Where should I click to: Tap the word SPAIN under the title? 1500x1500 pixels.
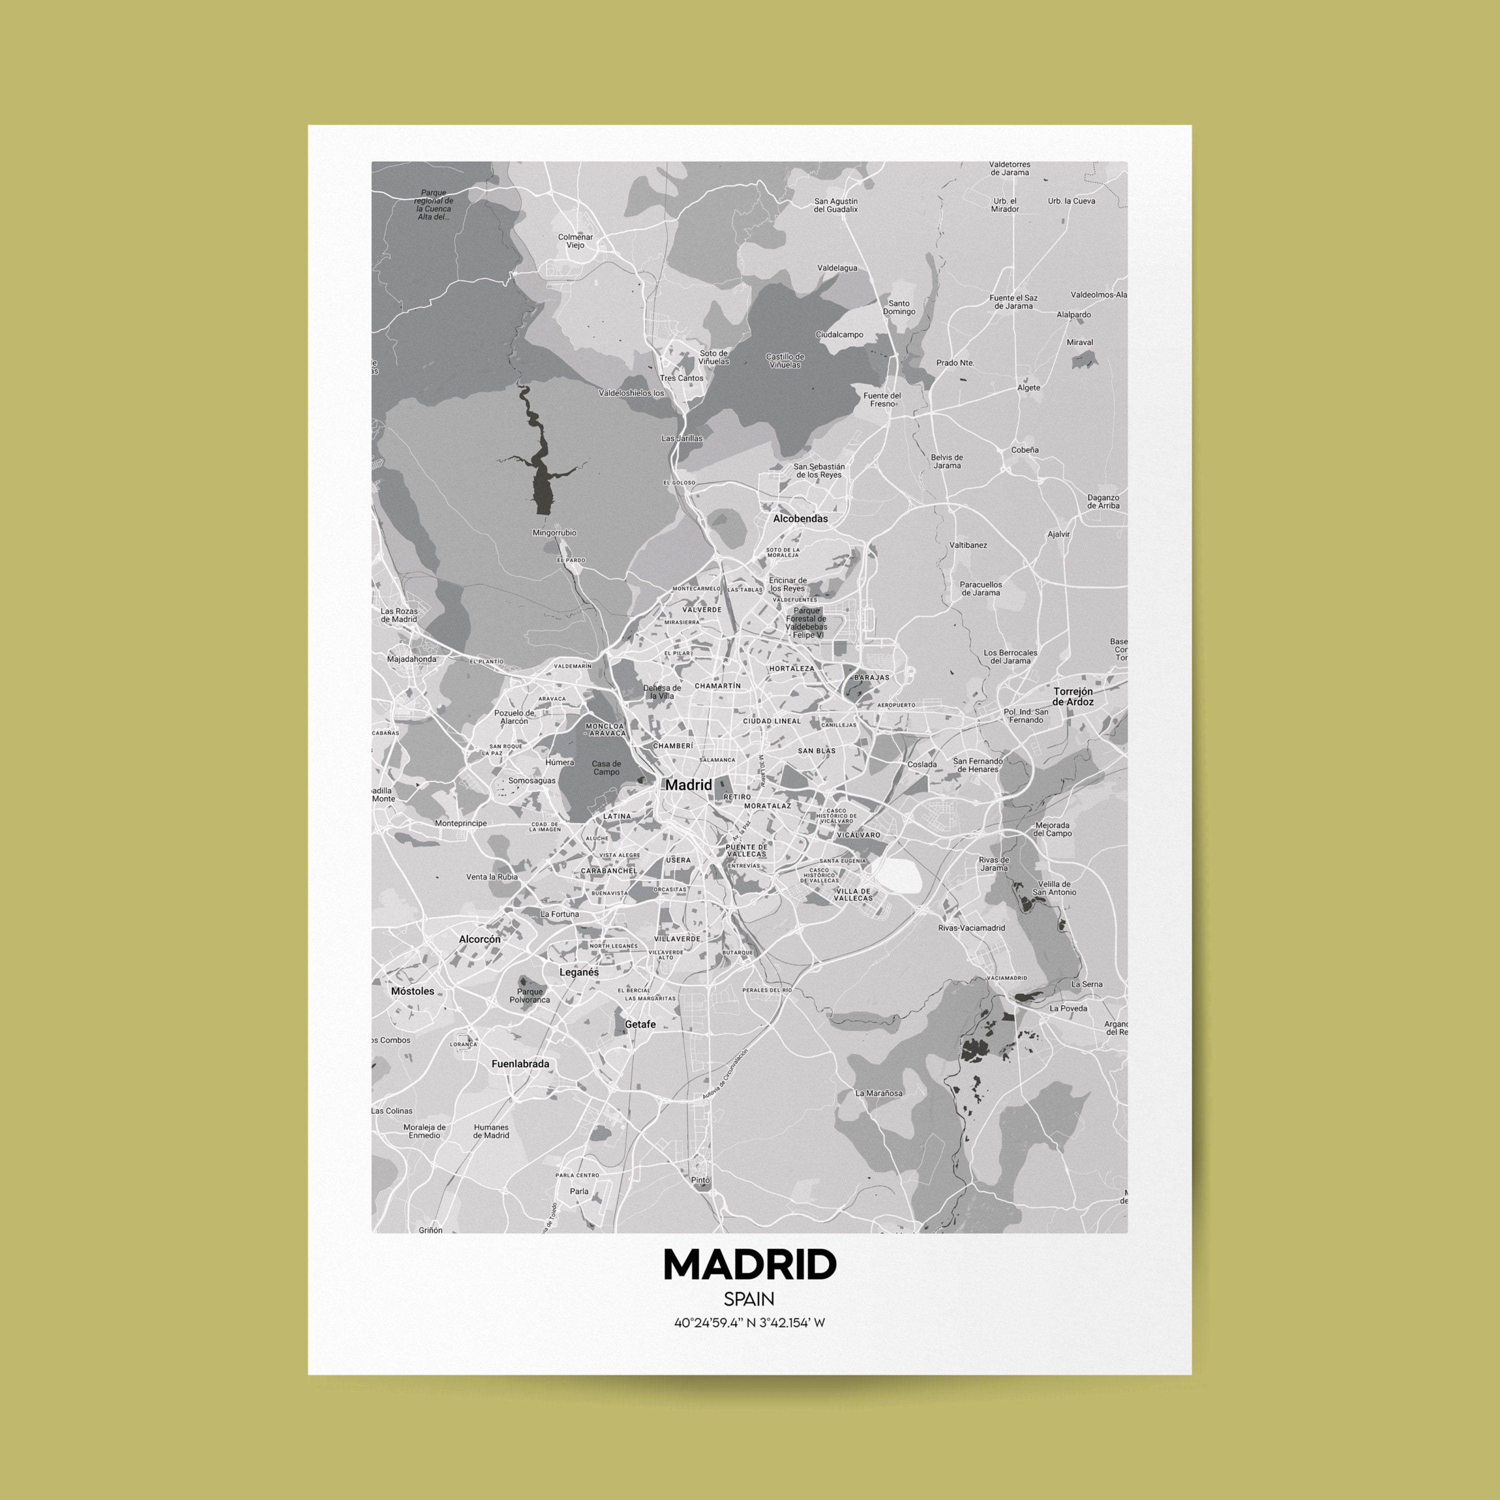749,1299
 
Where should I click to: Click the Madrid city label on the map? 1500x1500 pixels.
688,785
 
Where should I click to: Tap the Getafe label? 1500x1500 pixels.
640,1024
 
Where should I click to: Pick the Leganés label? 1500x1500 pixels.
579,972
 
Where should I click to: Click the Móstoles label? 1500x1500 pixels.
412,991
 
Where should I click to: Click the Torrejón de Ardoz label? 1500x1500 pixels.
1073,696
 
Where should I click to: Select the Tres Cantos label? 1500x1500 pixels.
681,378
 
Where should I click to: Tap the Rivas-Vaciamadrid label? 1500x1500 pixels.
971,928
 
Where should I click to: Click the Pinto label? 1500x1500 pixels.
700,1180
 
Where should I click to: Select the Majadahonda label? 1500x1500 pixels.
411,659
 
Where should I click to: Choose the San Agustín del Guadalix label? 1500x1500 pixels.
836,205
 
